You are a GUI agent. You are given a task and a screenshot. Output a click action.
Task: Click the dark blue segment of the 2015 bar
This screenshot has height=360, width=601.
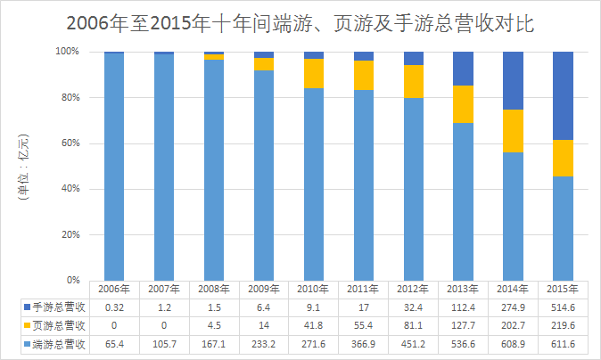(x=563, y=95)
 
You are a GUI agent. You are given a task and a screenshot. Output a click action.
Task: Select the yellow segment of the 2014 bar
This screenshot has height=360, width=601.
(x=513, y=131)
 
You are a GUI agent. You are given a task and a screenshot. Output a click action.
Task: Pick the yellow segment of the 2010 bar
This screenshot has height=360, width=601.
(x=313, y=73)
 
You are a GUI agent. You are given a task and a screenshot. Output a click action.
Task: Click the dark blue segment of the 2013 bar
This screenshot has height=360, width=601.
(x=463, y=69)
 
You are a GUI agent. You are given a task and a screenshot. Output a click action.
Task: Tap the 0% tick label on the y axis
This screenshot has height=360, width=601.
(x=70, y=280)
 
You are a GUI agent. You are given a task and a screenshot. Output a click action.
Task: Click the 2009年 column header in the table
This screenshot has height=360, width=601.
(x=263, y=289)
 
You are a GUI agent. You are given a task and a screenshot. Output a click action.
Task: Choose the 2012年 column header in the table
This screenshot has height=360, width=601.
(x=413, y=289)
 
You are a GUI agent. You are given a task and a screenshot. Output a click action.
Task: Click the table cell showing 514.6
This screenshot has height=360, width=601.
(x=563, y=307)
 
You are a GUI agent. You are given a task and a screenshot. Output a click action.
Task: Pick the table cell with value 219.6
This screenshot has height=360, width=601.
(x=563, y=325)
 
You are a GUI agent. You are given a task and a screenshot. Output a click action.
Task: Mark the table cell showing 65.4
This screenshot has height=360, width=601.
(x=113, y=343)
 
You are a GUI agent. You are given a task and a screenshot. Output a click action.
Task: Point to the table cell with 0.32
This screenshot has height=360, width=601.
(x=113, y=307)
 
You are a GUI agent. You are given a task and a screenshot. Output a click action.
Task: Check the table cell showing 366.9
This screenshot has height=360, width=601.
(x=363, y=343)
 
